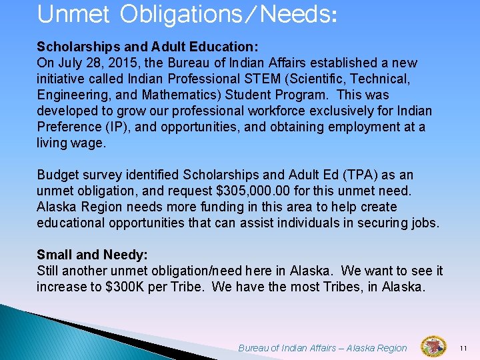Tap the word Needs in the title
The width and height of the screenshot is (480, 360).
point(293,14)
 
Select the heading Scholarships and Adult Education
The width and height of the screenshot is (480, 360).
point(147,47)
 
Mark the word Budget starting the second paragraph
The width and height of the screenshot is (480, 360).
point(58,175)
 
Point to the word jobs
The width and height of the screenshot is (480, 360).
point(423,223)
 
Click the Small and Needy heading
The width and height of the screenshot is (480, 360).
point(92,255)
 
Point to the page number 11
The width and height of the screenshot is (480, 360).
point(465,347)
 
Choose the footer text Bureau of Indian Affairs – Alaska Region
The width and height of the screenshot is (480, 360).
point(322,347)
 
